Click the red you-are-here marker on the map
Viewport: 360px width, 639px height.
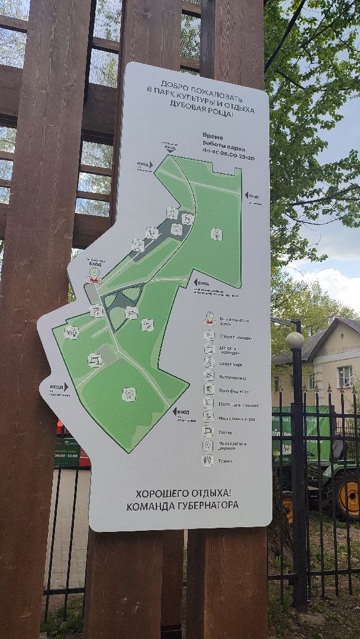(93, 275)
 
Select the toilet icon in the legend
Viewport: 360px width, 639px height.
(207, 460)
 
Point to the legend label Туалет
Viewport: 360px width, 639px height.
(224, 460)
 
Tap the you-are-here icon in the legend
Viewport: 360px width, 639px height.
(209, 319)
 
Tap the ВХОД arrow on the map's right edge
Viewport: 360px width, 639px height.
(251, 196)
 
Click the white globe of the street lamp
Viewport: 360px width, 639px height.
(294, 340)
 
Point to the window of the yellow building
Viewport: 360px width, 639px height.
(345, 376)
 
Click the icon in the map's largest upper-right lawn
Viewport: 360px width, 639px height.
(217, 234)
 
